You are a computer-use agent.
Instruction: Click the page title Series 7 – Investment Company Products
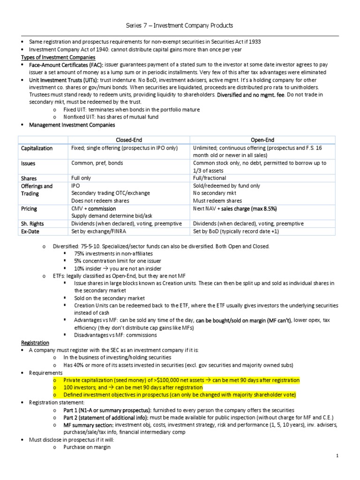click(x=180, y=25)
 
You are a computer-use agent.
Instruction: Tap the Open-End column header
click(x=262, y=139)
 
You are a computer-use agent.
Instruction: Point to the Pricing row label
click(x=29, y=209)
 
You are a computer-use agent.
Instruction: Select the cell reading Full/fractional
click(x=210, y=179)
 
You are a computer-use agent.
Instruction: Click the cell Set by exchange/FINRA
click(x=99, y=231)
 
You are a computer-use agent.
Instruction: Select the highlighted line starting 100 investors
click(x=133, y=388)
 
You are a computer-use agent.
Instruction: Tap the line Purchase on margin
click(x=87, y=447)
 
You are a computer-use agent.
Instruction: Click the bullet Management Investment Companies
click(x=72, y=125)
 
